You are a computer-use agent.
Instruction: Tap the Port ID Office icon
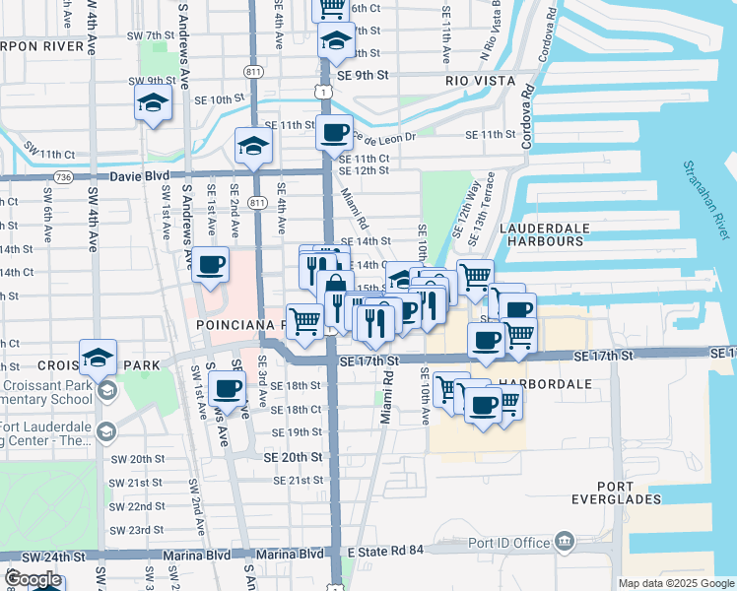[x=564, y=540]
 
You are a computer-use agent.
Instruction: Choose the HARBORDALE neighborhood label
[x=546, y=383]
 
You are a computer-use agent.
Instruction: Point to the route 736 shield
[x=64, y=177]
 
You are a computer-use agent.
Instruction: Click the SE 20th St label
[x=293, y=458]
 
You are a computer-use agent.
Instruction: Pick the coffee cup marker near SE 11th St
[x=335, y=131]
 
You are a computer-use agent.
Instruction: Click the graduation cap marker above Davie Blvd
[x=253, y=148]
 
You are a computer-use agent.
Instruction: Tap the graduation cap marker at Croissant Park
[x=98, y=358]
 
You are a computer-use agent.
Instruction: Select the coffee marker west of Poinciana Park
[x=212, y=264]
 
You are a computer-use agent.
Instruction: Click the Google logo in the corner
[x=32, y=579]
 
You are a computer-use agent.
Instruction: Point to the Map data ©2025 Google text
[x=676, y=583]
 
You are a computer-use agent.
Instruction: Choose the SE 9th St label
[x=363, y=74]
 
